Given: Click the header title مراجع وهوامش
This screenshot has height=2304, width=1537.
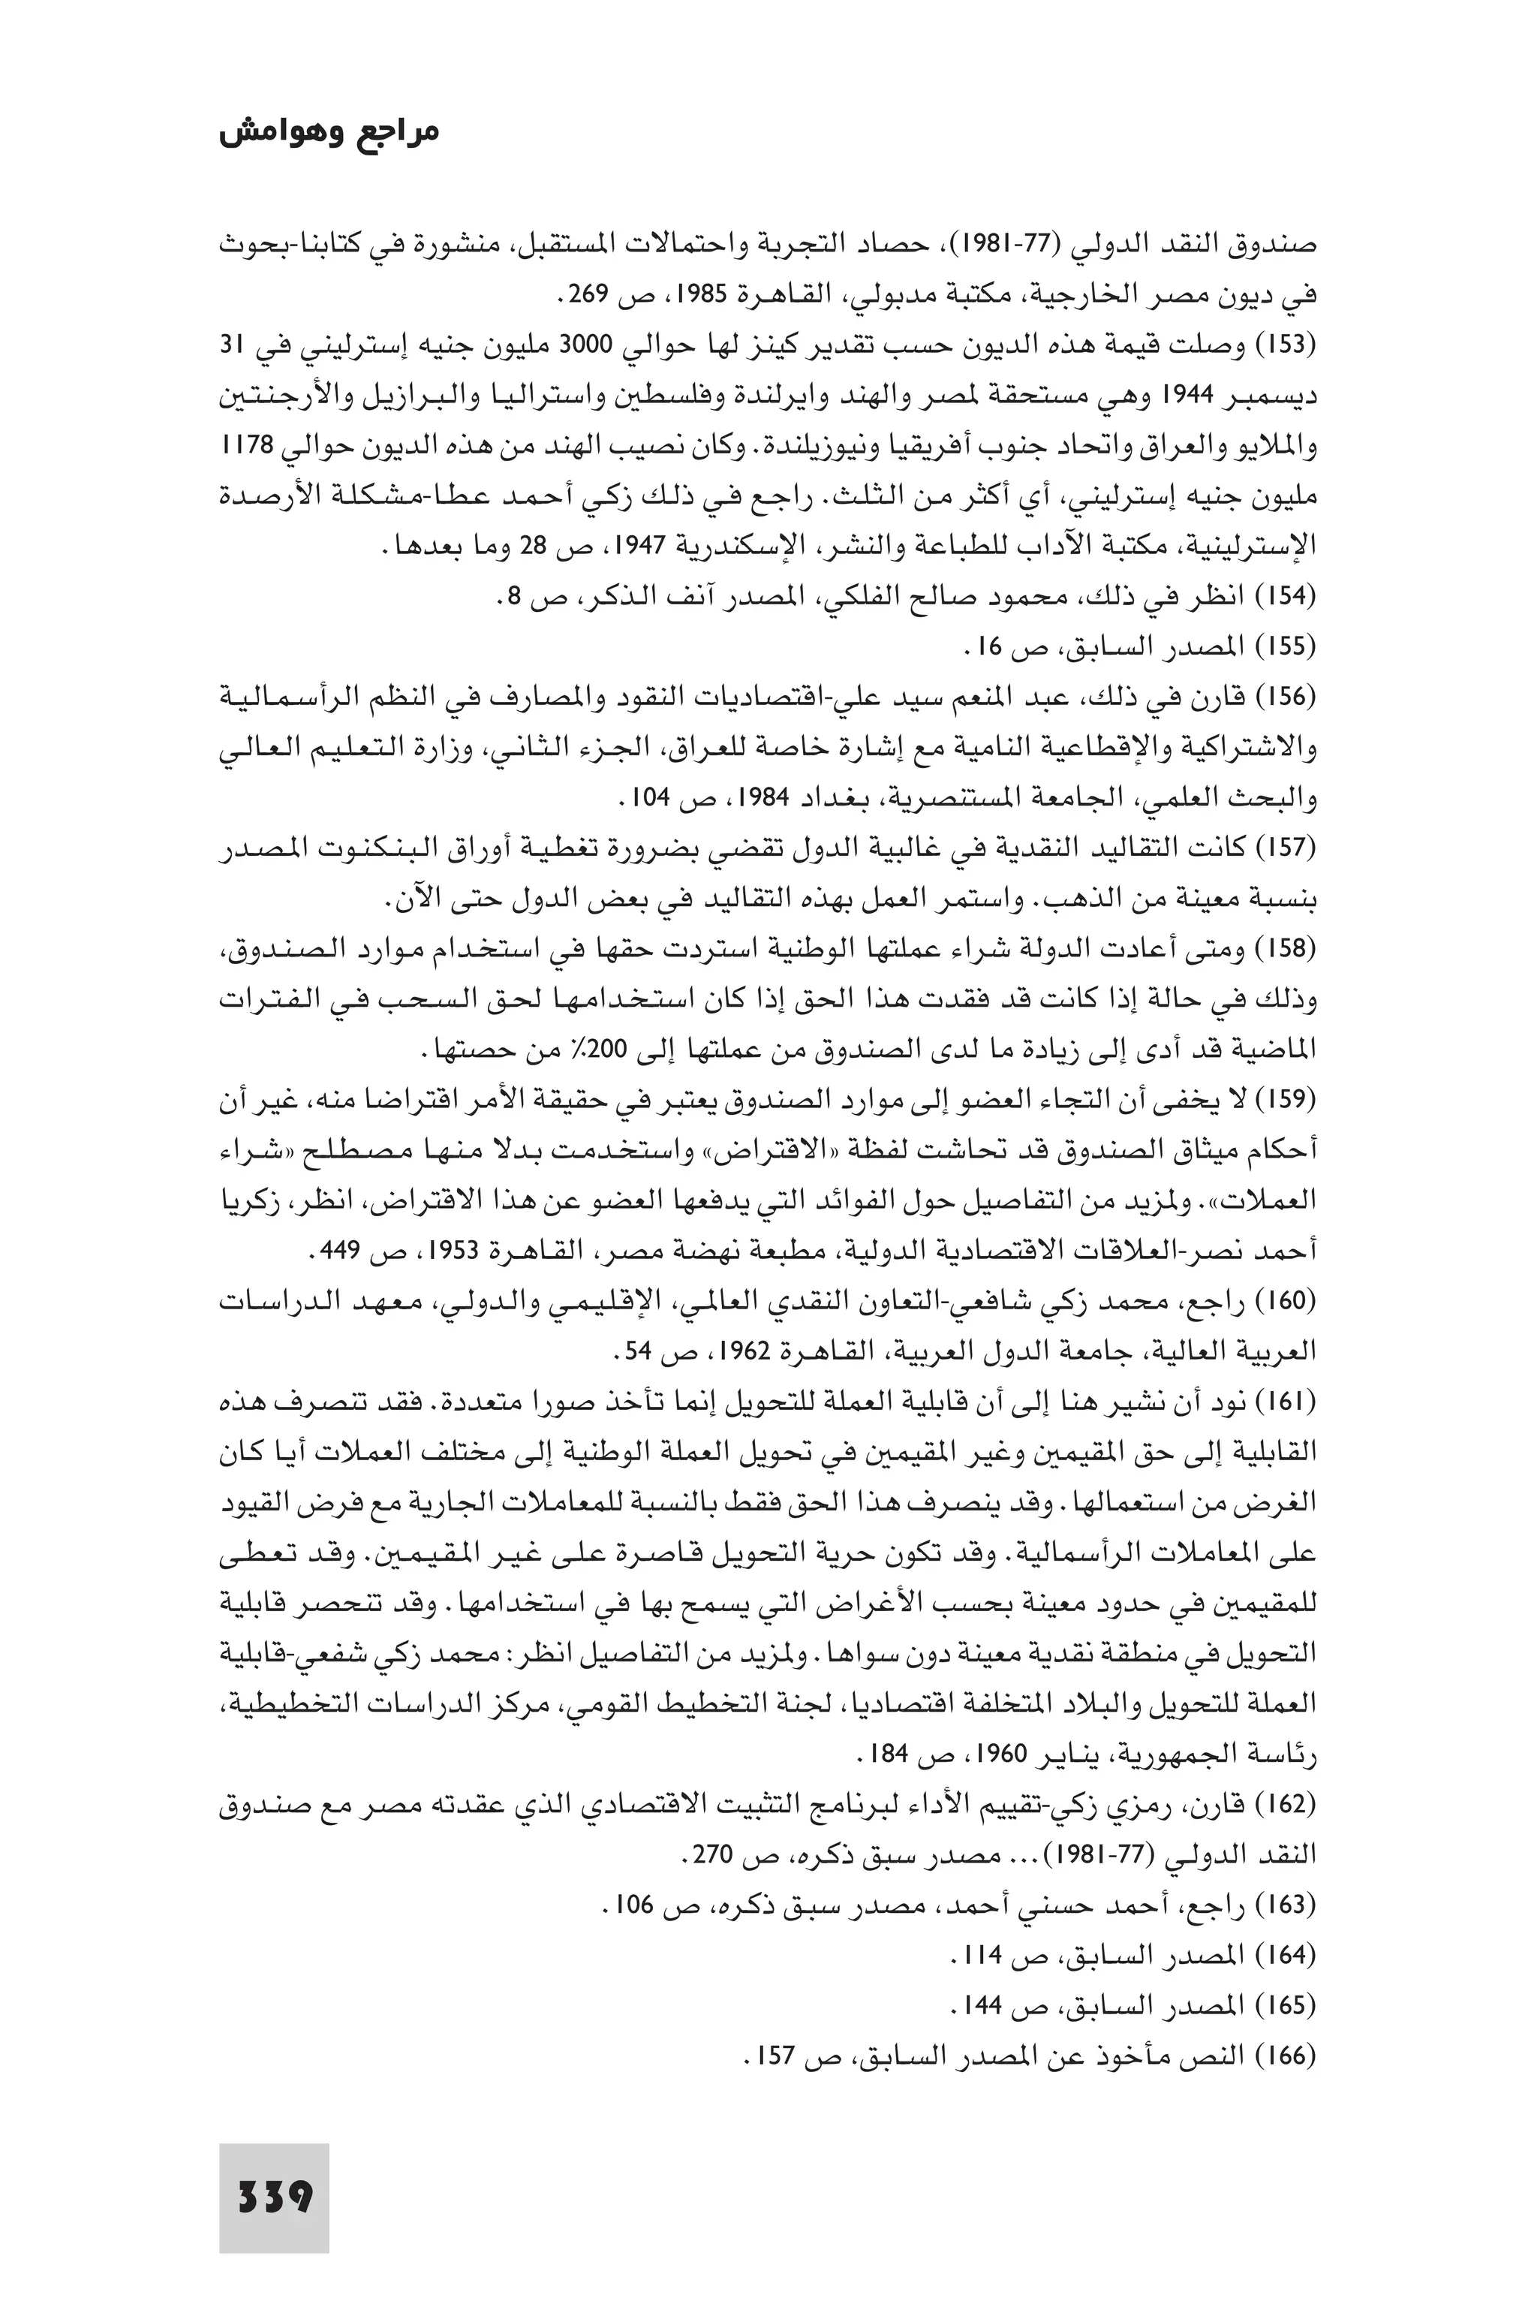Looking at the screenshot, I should pyautogui.click(x=329, y=132).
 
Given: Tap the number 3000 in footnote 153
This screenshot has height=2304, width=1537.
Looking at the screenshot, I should pyautogui.click(x=585, y=346).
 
